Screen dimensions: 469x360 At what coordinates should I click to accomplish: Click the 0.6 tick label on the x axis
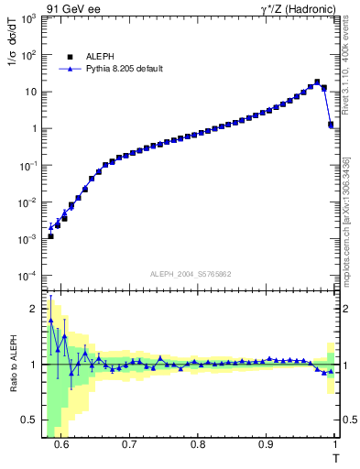coord(61,445)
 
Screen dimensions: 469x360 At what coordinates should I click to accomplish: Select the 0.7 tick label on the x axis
coord(129,445)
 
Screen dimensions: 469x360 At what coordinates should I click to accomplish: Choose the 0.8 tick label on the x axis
coord(198,445)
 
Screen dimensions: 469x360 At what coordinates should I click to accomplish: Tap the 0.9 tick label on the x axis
coord(266,445)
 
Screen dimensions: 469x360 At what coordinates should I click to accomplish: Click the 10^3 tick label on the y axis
coord(30,18)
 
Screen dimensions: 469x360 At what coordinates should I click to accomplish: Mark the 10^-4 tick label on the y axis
coord(30,276)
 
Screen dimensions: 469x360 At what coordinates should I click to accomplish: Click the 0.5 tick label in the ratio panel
coord(33,420)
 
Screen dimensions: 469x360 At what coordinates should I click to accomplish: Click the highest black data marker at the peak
coord(317,82)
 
